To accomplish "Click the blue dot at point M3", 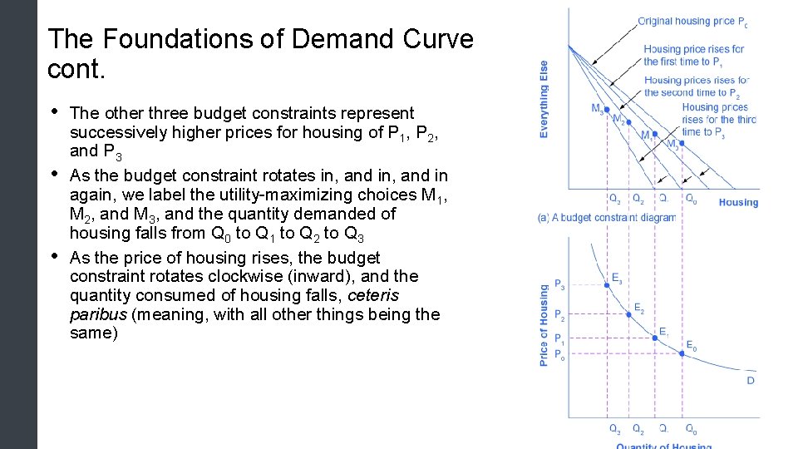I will (606, 109).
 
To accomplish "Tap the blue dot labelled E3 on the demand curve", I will (607, 284).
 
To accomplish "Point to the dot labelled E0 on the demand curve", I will (682, 353).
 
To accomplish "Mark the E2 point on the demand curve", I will (629, 313).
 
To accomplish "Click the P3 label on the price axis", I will (559, 285).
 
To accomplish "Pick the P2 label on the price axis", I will (559, 316).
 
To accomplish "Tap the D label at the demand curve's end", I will (750, 381).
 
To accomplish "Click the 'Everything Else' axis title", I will (544, 99).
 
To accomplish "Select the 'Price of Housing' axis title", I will (544, 325).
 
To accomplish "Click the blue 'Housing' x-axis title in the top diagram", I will (738, 202).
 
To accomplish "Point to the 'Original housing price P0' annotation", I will (692, 22).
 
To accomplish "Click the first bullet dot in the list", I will (55, 112).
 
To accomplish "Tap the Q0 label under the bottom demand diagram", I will (690, 430).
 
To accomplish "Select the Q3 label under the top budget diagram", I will (614, 200).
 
